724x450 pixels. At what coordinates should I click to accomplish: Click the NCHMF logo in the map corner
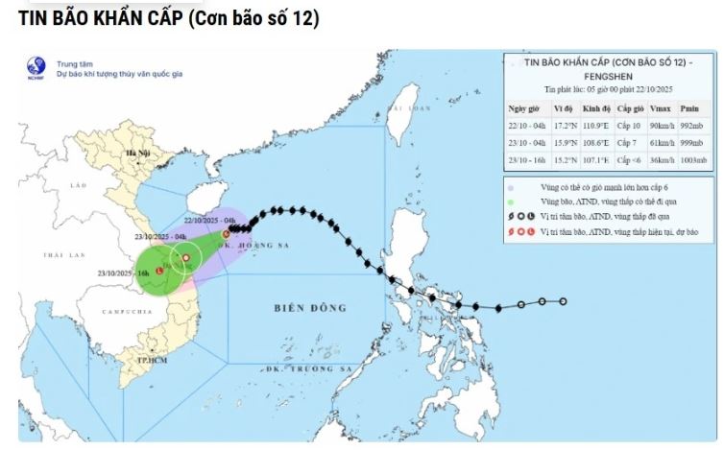point(36,67)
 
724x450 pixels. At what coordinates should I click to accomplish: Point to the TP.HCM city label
point(147,358)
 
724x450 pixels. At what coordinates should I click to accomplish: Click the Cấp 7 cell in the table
point(629,142)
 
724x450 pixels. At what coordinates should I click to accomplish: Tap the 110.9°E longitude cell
point(595,126)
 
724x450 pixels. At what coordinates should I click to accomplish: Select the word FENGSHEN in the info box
point(611,75)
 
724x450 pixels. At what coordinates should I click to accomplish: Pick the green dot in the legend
point(513,203)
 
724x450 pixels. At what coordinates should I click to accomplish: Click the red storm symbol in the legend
point(519,231)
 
